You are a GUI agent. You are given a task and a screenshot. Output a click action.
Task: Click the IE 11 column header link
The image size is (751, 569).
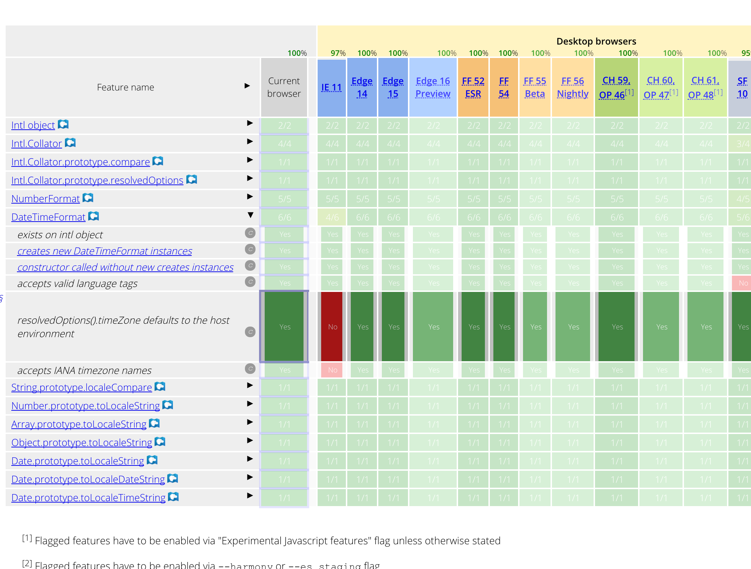click(331, 87)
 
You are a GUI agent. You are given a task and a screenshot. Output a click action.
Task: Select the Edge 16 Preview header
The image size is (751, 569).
click(433, 87)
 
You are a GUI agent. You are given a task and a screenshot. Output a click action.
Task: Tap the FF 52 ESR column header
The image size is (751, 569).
click(473, 87)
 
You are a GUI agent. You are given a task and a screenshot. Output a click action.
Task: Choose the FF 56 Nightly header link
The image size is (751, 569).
click(572, 87)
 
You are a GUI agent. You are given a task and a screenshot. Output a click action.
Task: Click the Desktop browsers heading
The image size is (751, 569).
click(596, 41)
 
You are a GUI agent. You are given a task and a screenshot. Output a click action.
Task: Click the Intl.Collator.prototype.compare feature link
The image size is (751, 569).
click(80, 162)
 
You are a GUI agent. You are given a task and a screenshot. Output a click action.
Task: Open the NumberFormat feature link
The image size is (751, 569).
click(46, 199)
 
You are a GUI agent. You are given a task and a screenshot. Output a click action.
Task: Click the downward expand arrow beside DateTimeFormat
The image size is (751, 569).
click(250, 215)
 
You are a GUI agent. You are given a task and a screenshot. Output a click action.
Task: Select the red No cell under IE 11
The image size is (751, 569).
click(332, 327)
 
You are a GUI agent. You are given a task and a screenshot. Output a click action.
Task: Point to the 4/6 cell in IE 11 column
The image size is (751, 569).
click(332, 217)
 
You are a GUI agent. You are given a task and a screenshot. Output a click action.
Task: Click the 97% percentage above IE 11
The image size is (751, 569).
click(338, 53)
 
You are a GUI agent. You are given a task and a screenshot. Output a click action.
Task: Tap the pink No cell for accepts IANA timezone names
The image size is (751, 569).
click(332, 370)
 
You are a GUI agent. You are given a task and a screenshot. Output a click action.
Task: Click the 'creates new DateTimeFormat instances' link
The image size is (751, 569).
click(104, 251)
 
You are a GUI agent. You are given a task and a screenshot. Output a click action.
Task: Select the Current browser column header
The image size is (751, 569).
click(284, 87)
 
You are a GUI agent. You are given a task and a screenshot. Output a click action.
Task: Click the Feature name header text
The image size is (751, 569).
click(125, 87)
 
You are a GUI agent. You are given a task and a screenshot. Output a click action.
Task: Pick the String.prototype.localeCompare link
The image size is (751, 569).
click(82, 387)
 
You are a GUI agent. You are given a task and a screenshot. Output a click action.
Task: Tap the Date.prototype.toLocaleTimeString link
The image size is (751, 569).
click(88, 498)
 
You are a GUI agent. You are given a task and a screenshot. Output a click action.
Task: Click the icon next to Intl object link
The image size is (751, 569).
click(63, 124)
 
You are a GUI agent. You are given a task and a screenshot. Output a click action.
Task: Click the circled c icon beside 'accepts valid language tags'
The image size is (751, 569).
click(250, 282)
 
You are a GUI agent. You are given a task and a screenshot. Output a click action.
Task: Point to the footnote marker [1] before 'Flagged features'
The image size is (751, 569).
click(27, 538)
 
